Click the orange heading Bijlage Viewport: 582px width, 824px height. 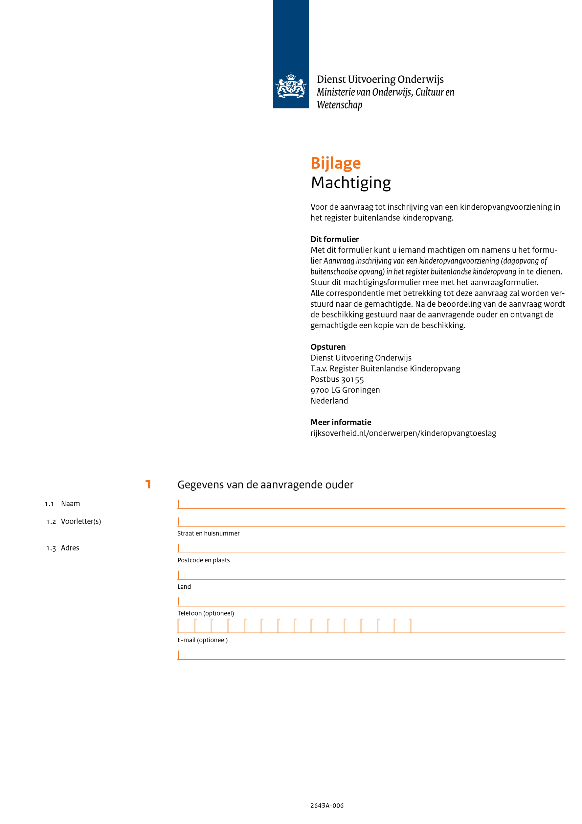pyautogui.click(x=336, y=163)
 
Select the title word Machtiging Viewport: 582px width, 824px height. pyautogui.click(x=351, y=182)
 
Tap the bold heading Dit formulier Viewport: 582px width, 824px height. pyautogui.click(x=334, y=239)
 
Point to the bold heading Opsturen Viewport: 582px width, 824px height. pyautogui.click(x=328, y=347)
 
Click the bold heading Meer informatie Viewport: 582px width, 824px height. pyautogui.click(x=341, y=422)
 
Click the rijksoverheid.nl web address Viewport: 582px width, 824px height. pyautogui.click(x=403, y=433)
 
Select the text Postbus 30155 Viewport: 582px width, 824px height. pyautogui.click(x=337, y=379)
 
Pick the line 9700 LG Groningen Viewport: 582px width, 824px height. pyautogui.click(x=345, y=390)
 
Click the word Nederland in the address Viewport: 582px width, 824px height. pyautogui.click(x=329, y=401)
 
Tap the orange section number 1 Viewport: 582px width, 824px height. pyautogui.click(x=148, y=484)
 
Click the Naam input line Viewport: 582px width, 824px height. pyautogui.click(x=371, y=504)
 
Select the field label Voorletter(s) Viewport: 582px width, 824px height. pyautogui.click(x=81, y=522)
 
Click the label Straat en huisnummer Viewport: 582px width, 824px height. pyautogui.click(x=208, y=534)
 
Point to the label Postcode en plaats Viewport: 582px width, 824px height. pyautogui.click(x=203, y=560)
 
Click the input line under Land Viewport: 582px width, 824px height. pyautogui.click(x=371, y=602)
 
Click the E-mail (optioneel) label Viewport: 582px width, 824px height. pyautogui.click(x=202, y=640)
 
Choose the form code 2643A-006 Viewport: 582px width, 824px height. pyautogui.click(x=327, y=806)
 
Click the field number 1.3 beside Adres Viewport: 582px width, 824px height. pyautogui.click(x=51, y=548)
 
